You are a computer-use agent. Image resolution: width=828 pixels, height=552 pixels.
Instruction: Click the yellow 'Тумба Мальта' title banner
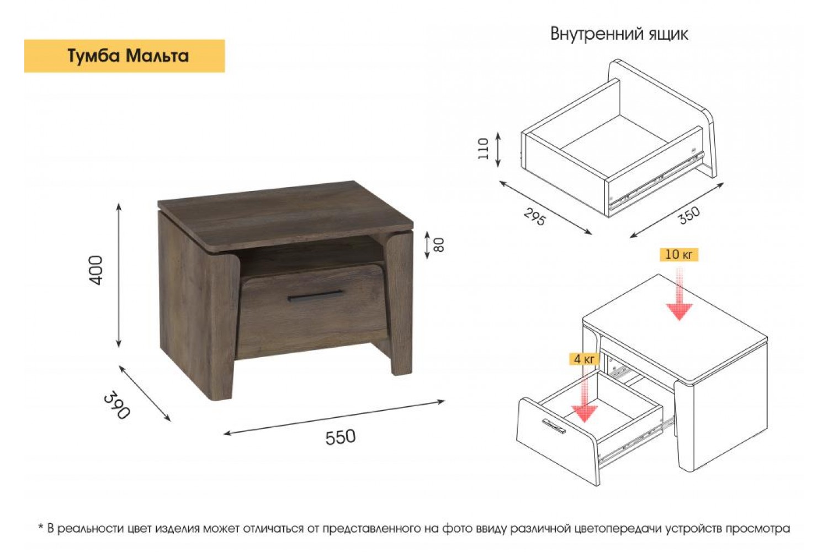[125, 56]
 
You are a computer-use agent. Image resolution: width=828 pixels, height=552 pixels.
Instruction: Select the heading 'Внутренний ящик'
[619, 34]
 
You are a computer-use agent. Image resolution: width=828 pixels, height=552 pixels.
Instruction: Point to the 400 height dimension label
[95, 270]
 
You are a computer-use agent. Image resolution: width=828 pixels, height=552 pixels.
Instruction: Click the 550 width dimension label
[341, 437]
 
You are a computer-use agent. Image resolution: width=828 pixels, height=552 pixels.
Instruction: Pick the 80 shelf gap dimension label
[438, 245]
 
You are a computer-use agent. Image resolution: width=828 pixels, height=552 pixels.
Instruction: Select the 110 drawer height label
[483, 148]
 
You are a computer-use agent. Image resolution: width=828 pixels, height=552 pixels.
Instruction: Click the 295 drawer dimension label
[534, 216]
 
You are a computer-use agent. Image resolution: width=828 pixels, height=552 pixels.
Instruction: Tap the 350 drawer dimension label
[689, 215]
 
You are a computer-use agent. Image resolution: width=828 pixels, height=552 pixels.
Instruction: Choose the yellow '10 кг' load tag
[679, 254]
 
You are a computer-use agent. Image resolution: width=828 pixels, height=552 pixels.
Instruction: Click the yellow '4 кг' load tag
[584, 359]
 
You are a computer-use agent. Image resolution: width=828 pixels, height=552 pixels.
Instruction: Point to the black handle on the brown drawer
[316, 296]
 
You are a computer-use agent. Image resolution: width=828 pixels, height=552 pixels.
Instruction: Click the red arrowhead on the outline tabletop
[679, 312]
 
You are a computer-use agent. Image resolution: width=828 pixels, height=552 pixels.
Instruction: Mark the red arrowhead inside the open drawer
[584, 413]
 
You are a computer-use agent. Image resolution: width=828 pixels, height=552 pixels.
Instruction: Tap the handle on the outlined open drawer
[553, 426]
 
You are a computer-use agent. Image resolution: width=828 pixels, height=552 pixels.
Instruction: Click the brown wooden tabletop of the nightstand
[285, 215]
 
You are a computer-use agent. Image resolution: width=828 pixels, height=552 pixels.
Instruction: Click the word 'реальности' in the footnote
[90, 529]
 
